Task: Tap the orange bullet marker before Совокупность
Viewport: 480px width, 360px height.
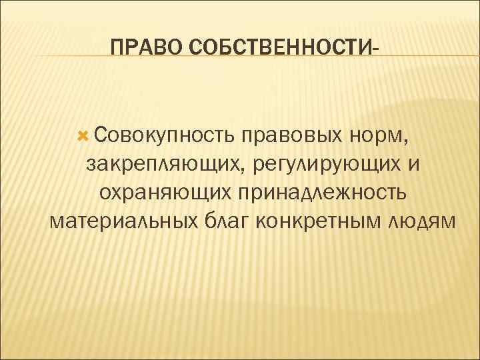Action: pos(83,136)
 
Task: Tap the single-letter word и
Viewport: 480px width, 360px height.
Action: pos(415,165)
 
